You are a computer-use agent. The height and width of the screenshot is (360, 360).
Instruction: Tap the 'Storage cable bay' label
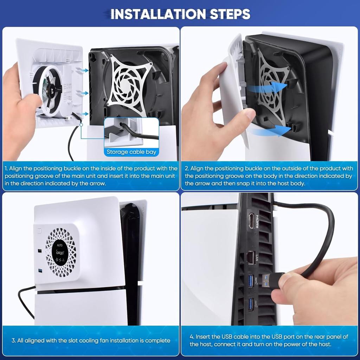131,152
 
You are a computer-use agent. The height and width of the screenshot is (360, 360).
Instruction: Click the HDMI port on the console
251,221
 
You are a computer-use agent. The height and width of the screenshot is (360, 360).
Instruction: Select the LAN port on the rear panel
251,258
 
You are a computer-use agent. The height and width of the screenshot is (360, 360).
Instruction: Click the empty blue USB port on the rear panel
251,304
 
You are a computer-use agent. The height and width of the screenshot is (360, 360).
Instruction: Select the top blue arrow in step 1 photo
83,71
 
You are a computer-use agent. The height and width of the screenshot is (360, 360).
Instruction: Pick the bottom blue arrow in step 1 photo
83,114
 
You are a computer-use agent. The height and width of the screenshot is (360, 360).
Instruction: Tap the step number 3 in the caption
13,340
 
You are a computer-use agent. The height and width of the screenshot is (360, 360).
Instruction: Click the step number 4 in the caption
192,337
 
